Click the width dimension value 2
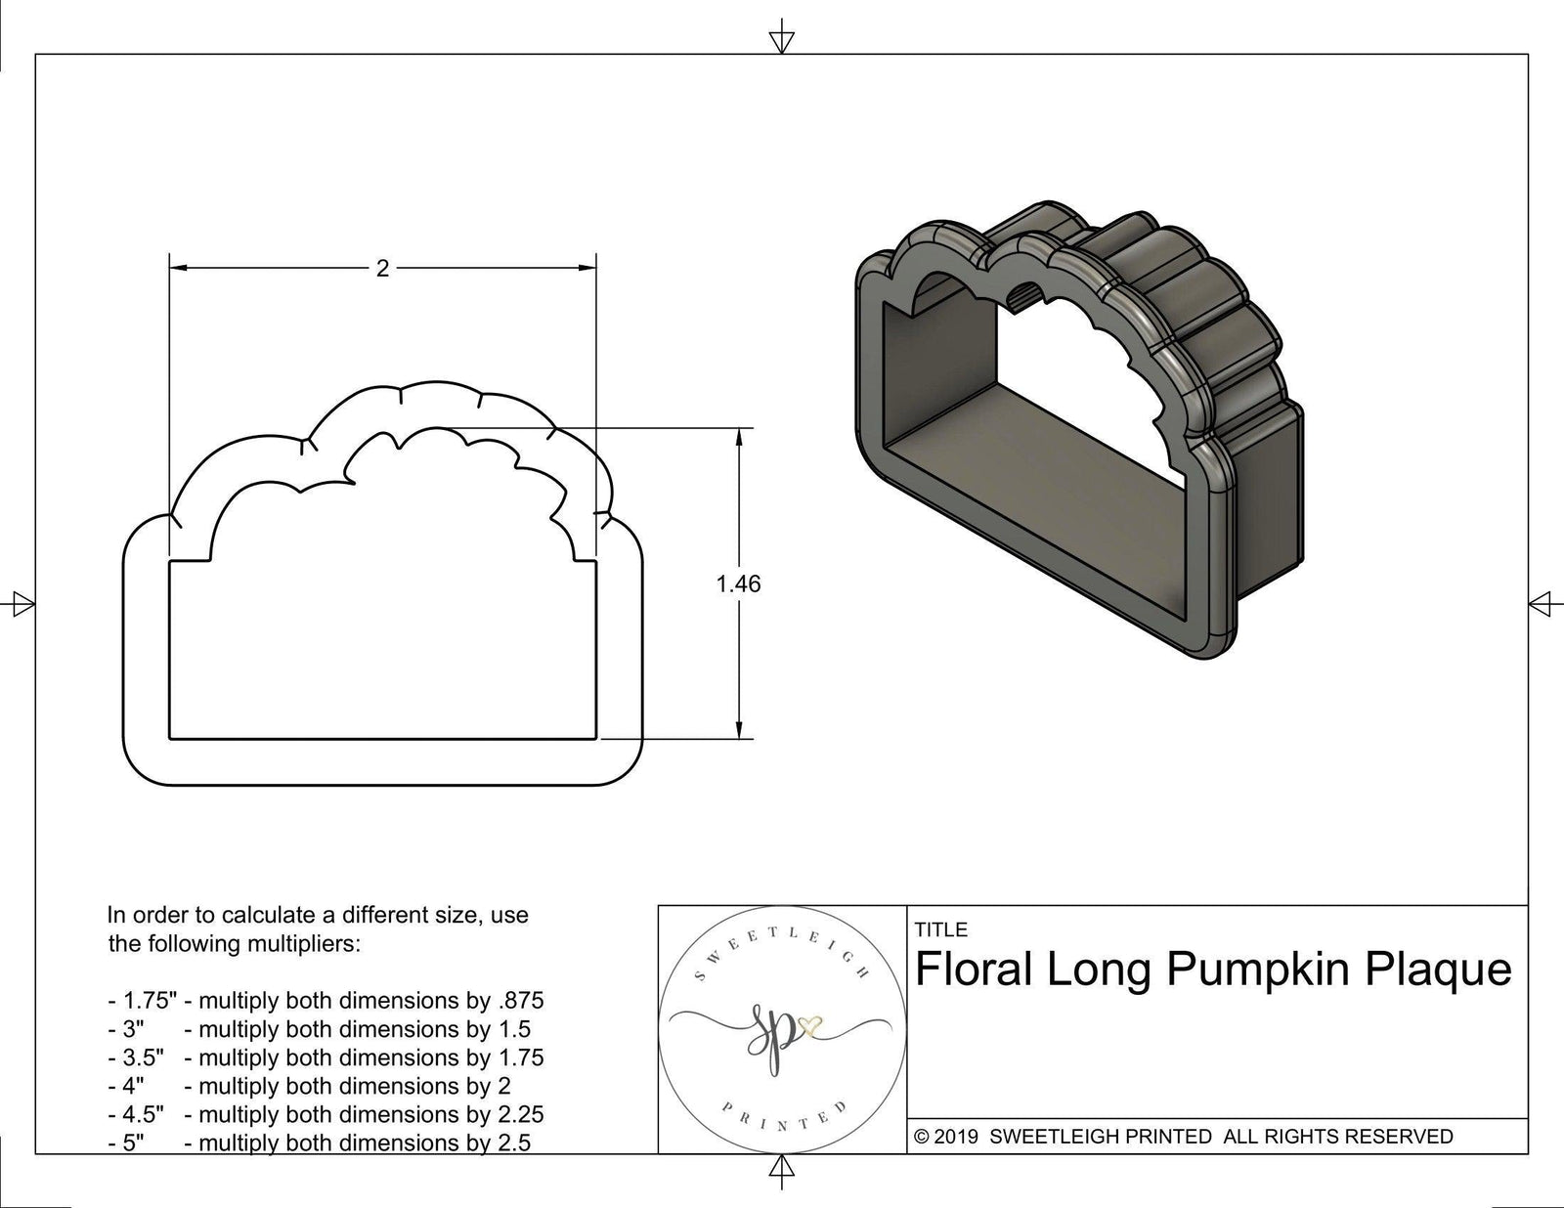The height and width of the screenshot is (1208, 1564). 382,269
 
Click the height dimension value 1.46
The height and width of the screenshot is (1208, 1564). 738,584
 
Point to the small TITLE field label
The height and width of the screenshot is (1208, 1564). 940,929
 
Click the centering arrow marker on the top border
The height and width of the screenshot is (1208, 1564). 781,40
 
